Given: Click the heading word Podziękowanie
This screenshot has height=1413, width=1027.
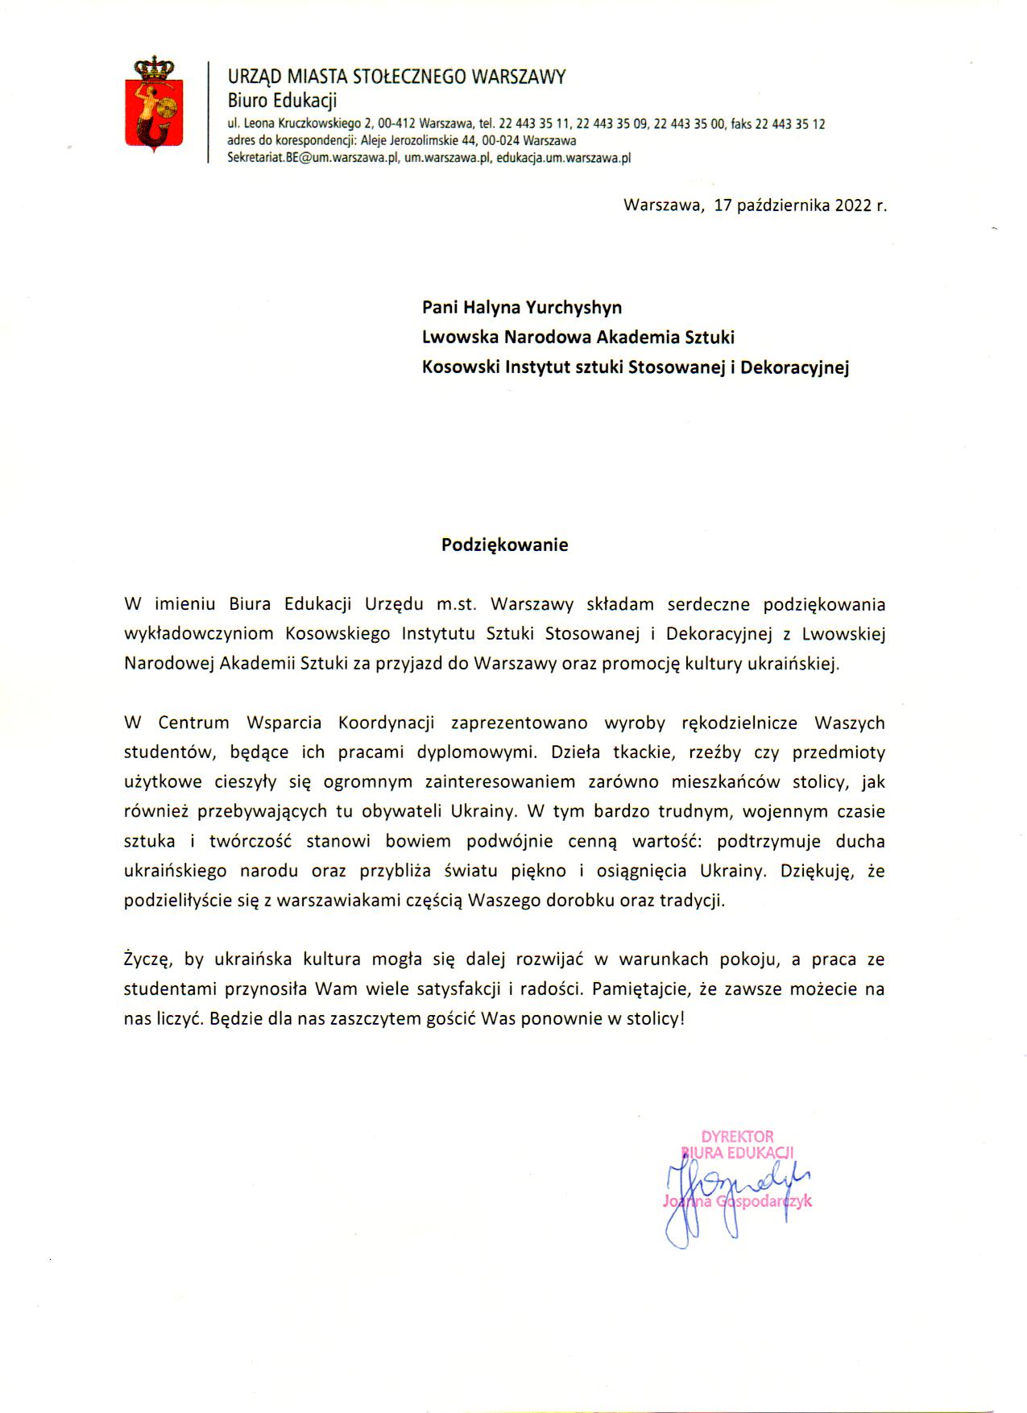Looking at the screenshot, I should [504, 545].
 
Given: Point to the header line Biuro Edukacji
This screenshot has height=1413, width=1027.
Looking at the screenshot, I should [282, 101].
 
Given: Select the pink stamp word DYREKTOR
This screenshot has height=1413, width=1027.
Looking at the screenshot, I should [737, 1137].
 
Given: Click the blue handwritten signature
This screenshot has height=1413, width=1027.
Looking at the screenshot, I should [725, 1192].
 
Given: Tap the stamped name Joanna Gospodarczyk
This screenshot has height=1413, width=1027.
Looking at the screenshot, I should [737, 1201].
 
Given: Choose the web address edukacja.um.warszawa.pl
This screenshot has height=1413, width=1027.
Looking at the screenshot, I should [563, 158].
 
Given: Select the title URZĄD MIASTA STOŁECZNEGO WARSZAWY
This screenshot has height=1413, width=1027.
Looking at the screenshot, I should [396, 77].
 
